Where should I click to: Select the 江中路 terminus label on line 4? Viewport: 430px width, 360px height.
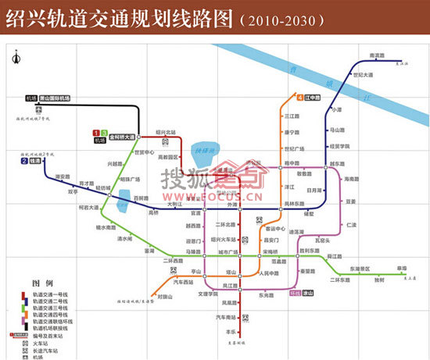[x=314, y=98]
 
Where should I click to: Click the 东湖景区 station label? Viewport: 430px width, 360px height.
[x=360, y=268]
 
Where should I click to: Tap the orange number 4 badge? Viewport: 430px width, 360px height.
[x=300, y=98]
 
